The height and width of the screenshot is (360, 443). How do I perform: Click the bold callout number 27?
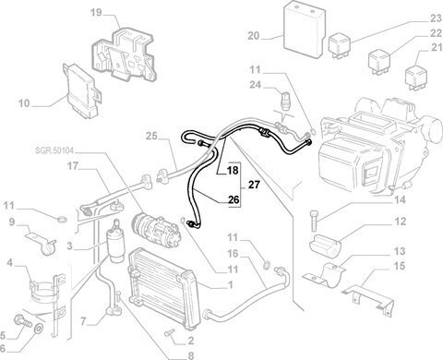point(254,185)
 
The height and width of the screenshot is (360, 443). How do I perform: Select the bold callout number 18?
point(233,170)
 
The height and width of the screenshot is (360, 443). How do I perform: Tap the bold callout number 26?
point(233,200)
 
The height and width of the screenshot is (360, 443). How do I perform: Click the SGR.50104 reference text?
point(54,150)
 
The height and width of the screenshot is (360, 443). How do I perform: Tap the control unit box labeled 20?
point(305,30)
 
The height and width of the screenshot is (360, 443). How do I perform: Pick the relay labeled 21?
point(416,77)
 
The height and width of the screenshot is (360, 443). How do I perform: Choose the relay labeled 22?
point(379,62)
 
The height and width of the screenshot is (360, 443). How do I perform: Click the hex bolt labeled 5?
point(23,321)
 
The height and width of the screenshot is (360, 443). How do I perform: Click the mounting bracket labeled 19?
point(125,54)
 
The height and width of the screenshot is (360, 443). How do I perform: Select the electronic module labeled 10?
point(83,91)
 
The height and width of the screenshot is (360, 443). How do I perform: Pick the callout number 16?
point(233,254)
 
